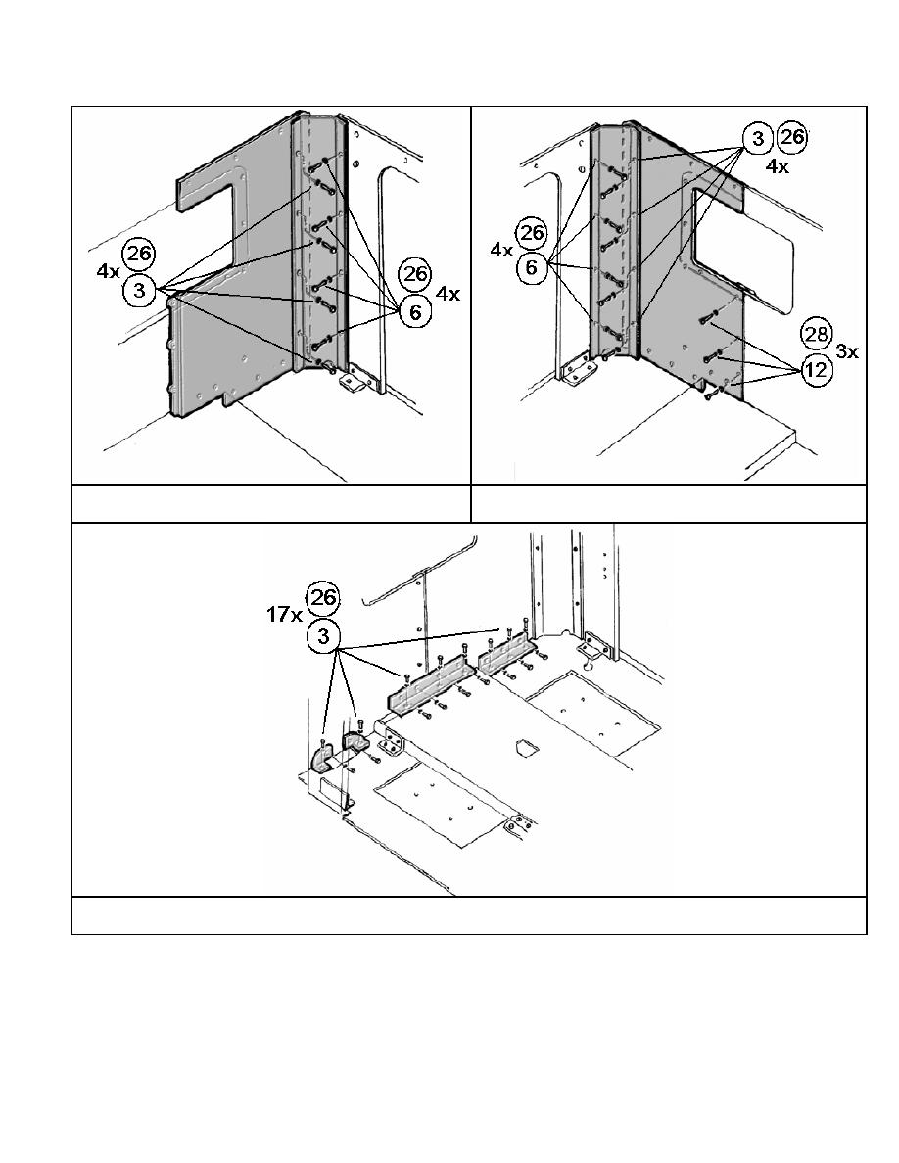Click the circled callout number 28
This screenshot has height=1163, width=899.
816,334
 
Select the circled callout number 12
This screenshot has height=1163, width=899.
816,369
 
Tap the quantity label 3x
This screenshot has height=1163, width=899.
847,351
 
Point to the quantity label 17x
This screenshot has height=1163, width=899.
284,614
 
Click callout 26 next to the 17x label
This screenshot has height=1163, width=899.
323,598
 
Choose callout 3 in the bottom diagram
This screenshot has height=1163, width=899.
323,635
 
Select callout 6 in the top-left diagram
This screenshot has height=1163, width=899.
415,311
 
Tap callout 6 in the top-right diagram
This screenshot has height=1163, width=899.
531,266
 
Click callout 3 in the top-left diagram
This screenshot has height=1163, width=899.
139,290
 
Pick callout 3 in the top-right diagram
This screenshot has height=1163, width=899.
757,138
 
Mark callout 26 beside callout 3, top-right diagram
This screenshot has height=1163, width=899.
791,137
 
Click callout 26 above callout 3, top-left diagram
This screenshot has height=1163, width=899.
139,255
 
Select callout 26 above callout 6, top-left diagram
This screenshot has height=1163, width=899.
415,274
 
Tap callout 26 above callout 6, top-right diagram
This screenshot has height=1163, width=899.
531,232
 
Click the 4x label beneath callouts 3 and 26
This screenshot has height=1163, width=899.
778,166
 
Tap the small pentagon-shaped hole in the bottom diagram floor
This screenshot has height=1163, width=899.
526,745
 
